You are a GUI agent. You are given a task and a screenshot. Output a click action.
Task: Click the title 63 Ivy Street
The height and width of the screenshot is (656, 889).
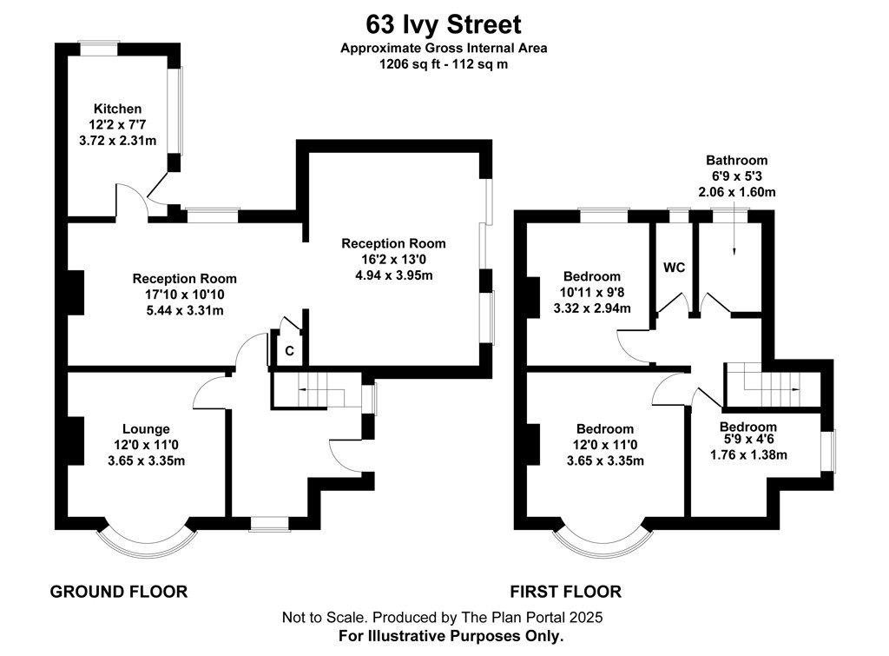(444, 25)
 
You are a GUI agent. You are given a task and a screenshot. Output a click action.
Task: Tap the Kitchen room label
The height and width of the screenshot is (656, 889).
(117, 109)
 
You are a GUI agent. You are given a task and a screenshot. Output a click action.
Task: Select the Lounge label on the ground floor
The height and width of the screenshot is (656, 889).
(146, 429)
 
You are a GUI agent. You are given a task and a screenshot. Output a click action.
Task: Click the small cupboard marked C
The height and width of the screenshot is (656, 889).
(289, 351)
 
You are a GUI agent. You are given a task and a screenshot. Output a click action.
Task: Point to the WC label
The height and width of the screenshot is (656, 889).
(674, 268)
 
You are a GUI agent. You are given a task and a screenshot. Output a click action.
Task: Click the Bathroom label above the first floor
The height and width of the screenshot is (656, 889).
(736, 160)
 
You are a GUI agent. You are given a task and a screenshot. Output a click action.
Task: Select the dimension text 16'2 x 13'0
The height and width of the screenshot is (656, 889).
(393, 259)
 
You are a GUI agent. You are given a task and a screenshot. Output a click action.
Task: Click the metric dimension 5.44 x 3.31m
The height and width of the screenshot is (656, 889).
(185, 310)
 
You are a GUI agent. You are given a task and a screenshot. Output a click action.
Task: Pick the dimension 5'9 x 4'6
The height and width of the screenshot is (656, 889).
(748, 440)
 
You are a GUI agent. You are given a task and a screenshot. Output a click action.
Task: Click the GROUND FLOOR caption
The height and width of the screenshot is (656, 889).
(118, 592)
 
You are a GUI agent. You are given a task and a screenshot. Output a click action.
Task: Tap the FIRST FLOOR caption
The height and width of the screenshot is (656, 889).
(565, 592)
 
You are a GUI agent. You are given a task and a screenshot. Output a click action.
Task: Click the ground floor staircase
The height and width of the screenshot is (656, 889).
(317, 390)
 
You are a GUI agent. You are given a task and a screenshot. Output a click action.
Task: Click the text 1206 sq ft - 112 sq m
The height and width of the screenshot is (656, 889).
(444, 64)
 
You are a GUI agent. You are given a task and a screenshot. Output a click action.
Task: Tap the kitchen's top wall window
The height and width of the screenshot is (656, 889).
(98, 49)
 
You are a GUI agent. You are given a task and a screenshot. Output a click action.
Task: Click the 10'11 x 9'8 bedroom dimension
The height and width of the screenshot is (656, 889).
(592, 292)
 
